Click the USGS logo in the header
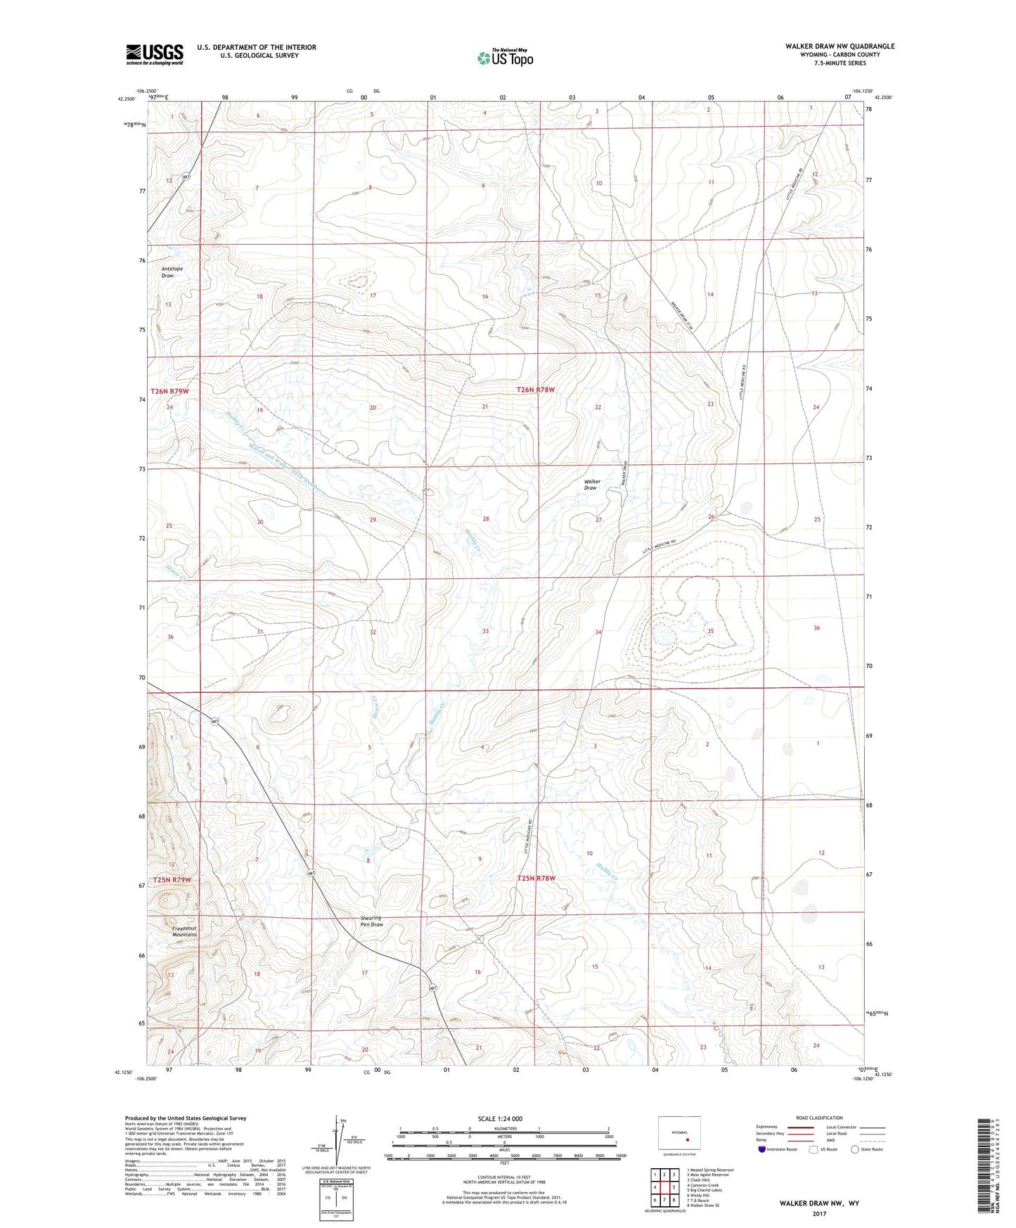click(154, 53)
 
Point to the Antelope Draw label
click(167, 271)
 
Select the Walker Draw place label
click(590, 485)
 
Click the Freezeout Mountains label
click(184, 930)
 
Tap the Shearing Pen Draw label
click(371, 921)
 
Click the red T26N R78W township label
click(536, 389)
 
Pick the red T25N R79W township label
click(169, 880)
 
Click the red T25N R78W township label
click(536, 878)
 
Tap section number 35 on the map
click(711, 632)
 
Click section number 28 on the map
click(485, 519)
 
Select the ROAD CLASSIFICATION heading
click(820, 1118)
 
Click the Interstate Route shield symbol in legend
click(761, 1149)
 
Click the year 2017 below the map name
click(818, 1213)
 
